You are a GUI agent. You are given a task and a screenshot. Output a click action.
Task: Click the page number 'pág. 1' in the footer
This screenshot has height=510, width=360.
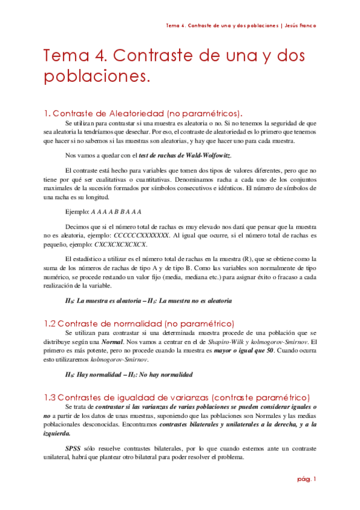[x=306, y=479]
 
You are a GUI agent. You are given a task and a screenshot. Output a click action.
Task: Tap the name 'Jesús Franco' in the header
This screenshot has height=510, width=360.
[x=299, y=26]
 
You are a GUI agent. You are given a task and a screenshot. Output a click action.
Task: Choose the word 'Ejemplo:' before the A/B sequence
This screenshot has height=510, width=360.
[x=76, y=211]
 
